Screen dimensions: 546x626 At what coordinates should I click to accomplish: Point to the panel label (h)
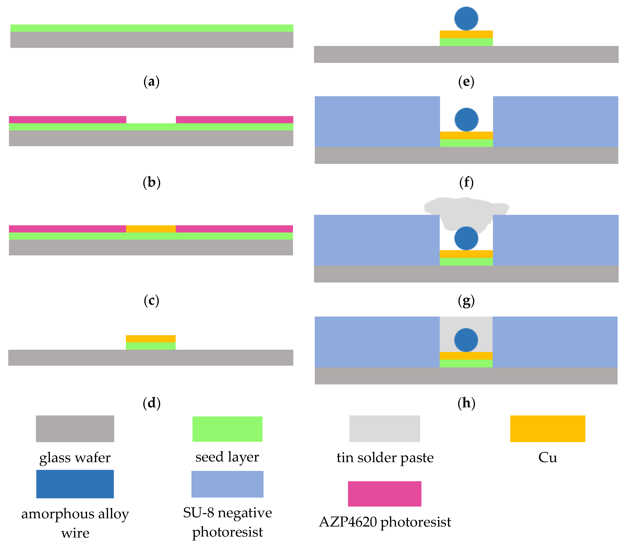(466, 403)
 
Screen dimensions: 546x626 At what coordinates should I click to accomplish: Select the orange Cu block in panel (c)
(151, 229)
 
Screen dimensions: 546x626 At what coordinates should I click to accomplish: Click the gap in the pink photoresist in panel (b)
(151, 119)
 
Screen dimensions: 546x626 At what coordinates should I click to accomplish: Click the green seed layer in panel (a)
(152, 28)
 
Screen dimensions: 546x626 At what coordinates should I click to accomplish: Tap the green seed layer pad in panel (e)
(466, 42)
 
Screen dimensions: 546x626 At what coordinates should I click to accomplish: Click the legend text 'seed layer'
(227, 457)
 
